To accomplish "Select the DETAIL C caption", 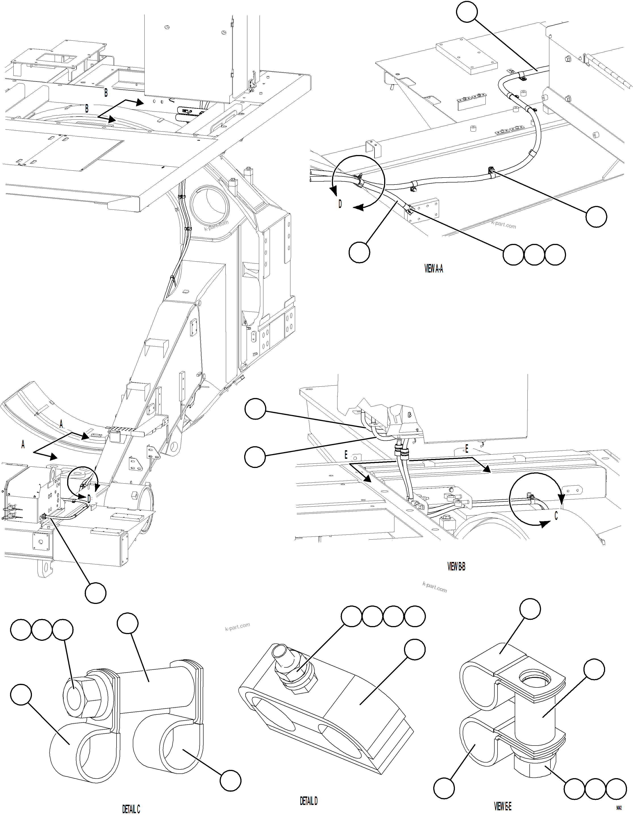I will pyautogui.click(x=131, y=809).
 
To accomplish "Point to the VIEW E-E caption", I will pyautogui.click(x=502, y=806).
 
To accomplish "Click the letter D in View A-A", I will pyautogui.click(x=340, y=205).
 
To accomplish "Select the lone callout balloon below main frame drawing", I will pyautogui.click(x=96, y=592).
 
